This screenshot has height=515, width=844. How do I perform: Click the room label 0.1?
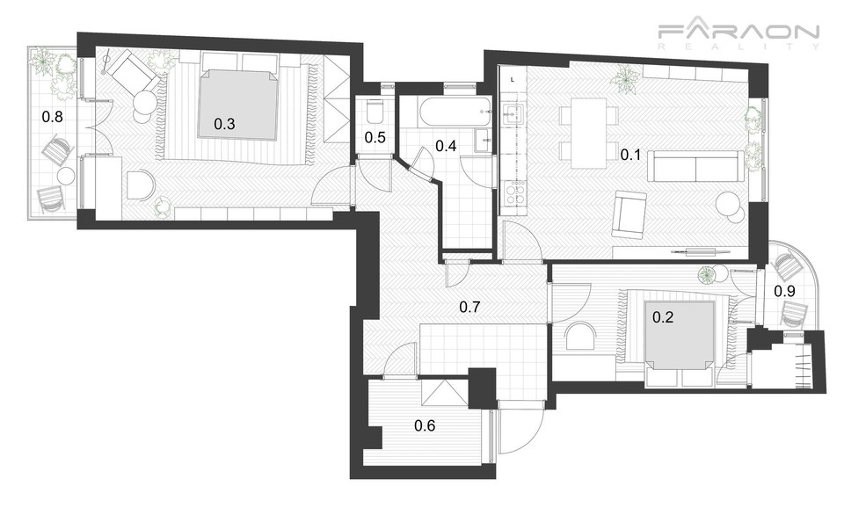coord(630,155)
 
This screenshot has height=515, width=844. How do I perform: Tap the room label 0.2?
coord(663,317)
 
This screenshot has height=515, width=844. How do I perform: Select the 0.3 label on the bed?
coord(224,124)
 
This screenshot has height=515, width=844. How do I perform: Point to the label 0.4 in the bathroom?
coord(446,145)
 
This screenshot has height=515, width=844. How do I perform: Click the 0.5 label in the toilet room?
coord(375,138)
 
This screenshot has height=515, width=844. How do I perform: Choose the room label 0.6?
coord(425,426)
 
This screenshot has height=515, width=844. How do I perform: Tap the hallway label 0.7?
coord(469,308)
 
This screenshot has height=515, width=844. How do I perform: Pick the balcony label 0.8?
coord(52,116)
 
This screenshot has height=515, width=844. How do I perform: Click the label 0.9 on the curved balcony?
coord(784,292)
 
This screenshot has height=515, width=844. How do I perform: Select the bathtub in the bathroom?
coord(455,112)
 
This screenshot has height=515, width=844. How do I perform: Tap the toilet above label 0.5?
coord(375,112)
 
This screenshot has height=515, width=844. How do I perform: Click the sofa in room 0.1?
coord(696,166)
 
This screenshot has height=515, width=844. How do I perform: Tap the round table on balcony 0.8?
coord(66,176)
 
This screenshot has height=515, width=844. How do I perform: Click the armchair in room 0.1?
coord(629,214)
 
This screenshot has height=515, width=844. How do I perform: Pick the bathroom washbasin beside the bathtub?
coord(483,141)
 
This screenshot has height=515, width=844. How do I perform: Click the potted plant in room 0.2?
coord(707,275)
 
